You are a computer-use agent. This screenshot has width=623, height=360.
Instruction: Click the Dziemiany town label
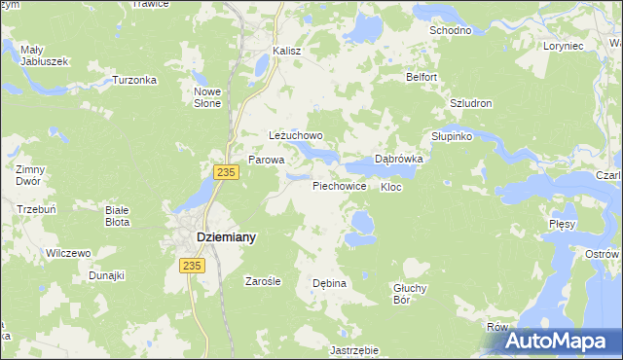click(213, 236)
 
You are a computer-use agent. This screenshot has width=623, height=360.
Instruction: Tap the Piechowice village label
click(339, 185)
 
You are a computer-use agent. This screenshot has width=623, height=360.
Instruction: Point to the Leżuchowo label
click(295, 136)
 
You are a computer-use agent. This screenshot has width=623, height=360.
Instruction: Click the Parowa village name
click(266, 160)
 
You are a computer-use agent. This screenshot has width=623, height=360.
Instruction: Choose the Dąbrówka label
click(399, 160)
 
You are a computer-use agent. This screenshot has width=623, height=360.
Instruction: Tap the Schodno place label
click(451, 31)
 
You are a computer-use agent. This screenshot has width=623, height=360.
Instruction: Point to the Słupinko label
click(452, 137)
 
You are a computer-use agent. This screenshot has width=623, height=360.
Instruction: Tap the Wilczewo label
click(68, 253)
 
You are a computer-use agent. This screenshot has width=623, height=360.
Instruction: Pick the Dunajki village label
click(107, 275)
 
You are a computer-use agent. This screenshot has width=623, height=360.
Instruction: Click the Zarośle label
click(263, 281)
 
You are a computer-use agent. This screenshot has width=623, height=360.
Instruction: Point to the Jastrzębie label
click(353, 349)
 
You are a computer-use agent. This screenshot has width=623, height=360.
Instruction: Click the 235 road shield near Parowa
click(225, 172)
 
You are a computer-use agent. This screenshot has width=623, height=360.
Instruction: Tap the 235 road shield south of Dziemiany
click(192, 266)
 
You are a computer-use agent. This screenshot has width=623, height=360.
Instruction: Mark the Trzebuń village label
click(36, 209)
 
